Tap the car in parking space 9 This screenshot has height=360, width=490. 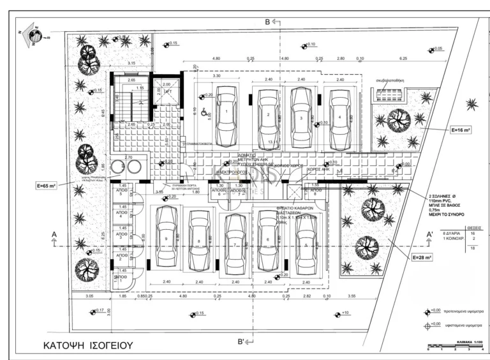point(166,237)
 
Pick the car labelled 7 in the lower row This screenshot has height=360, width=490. point(235,243)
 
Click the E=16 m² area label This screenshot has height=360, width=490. point(460,130)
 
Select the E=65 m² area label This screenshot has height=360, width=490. point(48,186)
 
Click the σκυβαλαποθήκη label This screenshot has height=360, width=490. point(391,81)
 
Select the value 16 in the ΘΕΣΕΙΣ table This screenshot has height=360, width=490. point(473,234)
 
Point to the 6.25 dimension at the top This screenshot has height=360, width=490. point(403,58)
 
